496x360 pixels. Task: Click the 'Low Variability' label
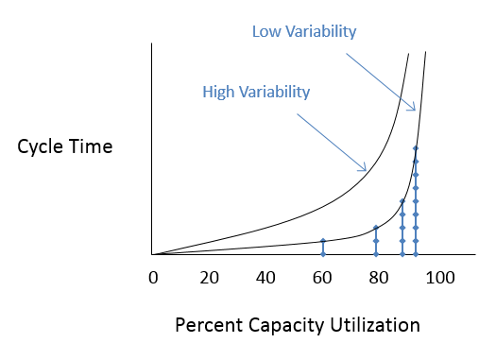pyautogui.click(x=303, y=32)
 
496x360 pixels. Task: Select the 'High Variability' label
pyautogui.click(x=256, y=92)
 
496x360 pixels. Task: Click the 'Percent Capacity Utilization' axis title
pyautogui.click(x=298, y=325)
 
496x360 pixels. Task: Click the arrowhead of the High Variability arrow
pyautogui.click(x=365, y=170)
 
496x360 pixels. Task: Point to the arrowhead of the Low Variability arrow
pyautogui.click(x=414, y=111)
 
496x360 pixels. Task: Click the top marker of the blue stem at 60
pyautogui.click(x=323, y=241)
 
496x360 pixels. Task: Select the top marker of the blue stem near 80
pyautogui.click(x=376, y=228)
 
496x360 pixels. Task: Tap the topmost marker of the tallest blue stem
pyautogui.click(x=416, y=148)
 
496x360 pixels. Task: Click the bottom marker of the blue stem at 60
pyautogui.click(x=323, y=254)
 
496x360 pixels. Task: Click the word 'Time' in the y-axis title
pyautogui.click(x=93, y=146)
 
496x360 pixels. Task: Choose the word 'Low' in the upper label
pyautogui.click(x=267, y=32)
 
